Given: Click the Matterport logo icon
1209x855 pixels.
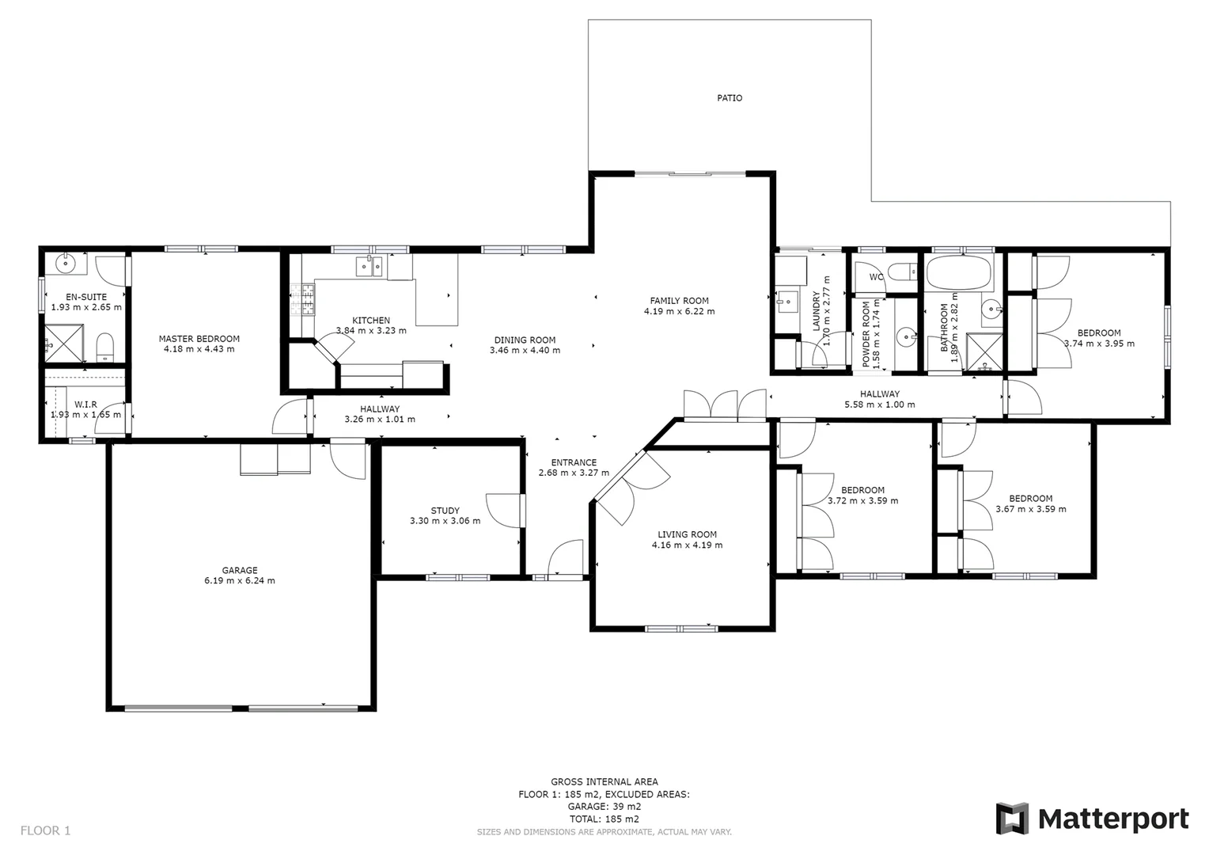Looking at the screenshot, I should (1012, 819).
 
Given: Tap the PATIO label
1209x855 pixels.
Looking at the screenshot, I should (730, 98).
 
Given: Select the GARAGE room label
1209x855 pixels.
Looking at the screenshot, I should (239, 570).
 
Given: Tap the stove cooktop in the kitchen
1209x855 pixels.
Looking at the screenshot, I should (303, 300).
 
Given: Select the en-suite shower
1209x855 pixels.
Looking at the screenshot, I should (63, 343).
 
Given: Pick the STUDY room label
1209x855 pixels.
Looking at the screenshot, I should (445, 511).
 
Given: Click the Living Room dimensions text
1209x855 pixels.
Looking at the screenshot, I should (687, 545).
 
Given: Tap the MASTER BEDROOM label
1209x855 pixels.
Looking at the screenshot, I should (199, 338).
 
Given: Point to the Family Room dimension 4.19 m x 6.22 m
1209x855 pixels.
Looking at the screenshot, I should (679, 311).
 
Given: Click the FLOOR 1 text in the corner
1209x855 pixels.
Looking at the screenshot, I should (45, 830).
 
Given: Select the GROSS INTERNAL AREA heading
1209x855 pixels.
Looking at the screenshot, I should (604, 781).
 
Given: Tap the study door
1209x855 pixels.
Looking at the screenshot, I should (504, 510).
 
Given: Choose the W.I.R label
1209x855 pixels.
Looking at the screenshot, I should (85, 404).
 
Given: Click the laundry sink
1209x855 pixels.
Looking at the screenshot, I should (787, 302).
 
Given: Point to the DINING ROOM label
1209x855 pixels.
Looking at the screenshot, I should (525, 340).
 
